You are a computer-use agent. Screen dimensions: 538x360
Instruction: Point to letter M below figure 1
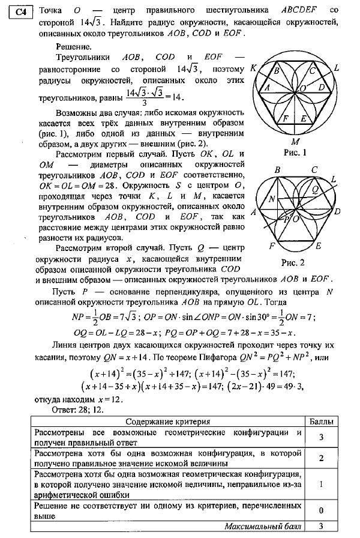click(295, 141)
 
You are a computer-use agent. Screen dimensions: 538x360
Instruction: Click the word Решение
click(73, 46)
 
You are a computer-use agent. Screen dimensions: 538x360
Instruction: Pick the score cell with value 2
click(322, 458)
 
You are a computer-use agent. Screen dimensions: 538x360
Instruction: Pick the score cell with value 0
click(322, 510)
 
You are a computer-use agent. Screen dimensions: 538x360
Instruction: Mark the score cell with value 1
click(322, 484)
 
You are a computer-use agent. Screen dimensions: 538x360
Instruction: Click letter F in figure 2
click(273, 246)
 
